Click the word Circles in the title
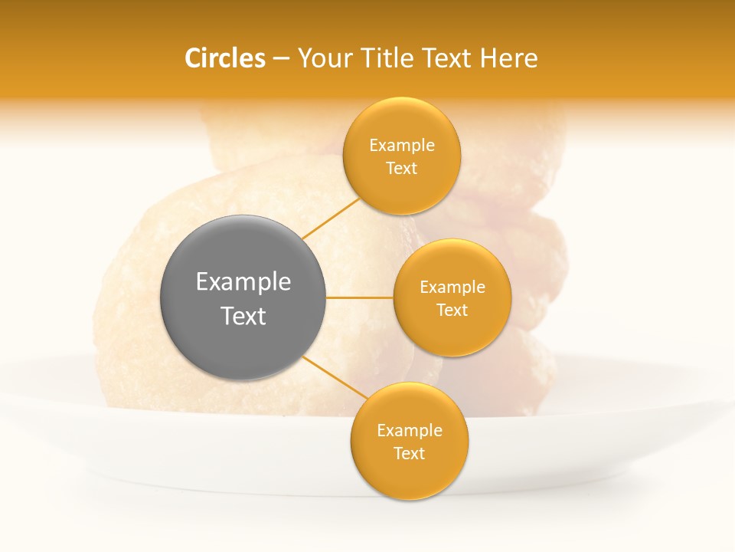coord(224,58)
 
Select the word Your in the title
coord(322,58)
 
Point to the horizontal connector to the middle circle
coord(360,297)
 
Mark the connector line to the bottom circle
coord(335,377)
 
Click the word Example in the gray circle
coord(243,282)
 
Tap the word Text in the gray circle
coord(243,316)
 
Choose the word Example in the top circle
coord(402,146)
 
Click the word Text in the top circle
coord(402,168)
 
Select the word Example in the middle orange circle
coord(452,287)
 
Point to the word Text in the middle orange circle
coord(452,310)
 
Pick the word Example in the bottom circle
coord(410,431)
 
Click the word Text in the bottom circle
coord(410,453)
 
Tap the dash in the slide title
coord(281,59)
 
